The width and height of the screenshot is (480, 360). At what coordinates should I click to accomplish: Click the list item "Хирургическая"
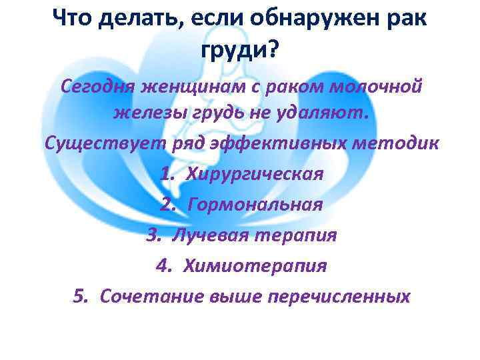pos(255,174)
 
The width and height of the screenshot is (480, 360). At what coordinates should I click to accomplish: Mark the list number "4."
pos(165,266)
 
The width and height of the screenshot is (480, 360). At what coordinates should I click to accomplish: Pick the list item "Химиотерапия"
pos(257,266)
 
